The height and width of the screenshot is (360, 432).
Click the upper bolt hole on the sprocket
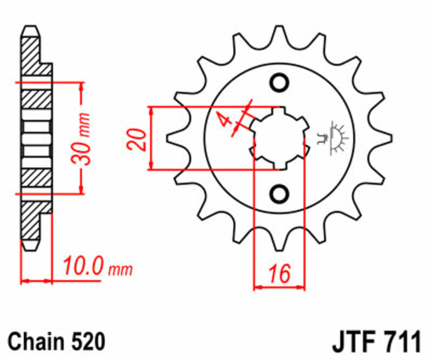coord(280,83)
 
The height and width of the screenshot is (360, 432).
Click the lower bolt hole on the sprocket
coord(280,193)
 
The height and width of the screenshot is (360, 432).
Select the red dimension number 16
coord(279,274)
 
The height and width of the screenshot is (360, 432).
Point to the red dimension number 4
coord(222,121)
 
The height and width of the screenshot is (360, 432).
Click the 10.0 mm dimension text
coord(96,266)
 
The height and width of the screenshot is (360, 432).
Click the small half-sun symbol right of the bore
coord(337,137)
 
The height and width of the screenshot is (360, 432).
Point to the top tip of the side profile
coord(31,28)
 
